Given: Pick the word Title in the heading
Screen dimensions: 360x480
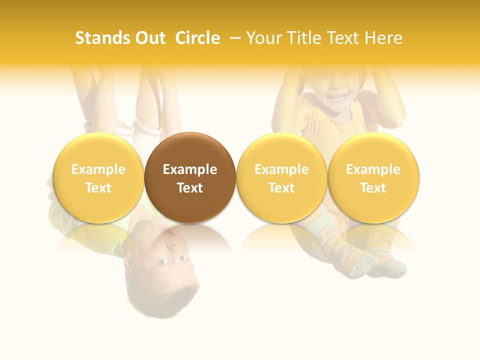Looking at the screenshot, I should pos(303,38).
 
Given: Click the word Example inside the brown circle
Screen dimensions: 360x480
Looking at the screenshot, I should pos(190,169).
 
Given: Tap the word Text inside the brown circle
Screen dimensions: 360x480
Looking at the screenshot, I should pos(190,188).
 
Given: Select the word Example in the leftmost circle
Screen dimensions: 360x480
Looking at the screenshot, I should pos(98,169).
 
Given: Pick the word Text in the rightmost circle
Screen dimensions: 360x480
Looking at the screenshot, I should pos(373,188).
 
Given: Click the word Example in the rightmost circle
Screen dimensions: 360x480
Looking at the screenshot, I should pos(373,169).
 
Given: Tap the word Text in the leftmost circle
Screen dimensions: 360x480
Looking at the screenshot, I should pos(98,188).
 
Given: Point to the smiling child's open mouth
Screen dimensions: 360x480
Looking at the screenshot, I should pos(338,97).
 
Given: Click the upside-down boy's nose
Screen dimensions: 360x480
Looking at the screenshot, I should pos(171,246).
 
